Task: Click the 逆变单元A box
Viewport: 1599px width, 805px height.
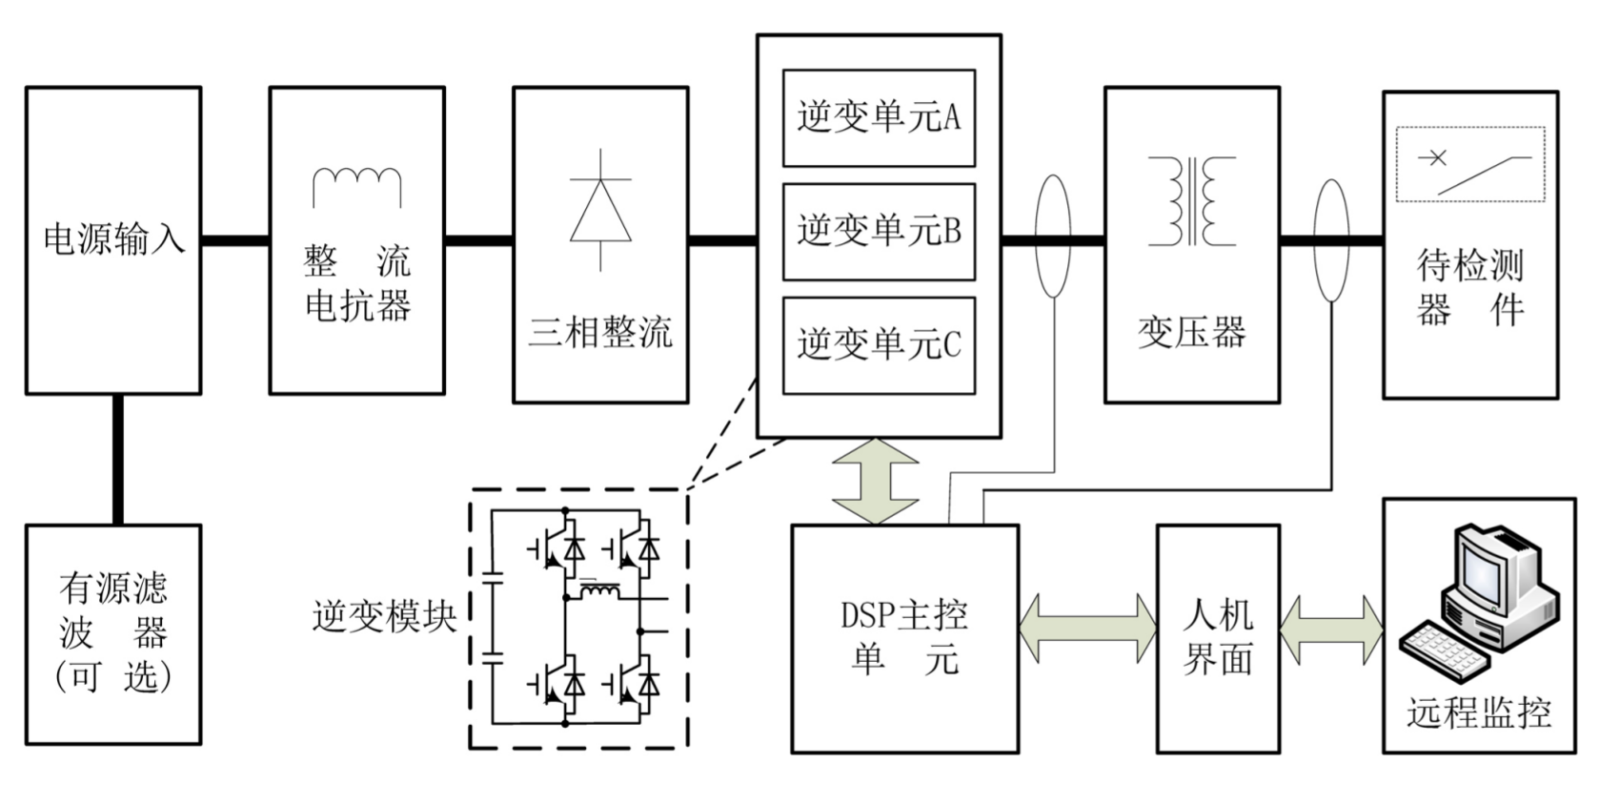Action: tap(879, 117)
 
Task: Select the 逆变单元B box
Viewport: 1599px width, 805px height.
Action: tap(879, 231)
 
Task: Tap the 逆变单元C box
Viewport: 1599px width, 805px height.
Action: tap(879, 344)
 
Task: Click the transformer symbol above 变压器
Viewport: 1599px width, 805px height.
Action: tap(1191, 201)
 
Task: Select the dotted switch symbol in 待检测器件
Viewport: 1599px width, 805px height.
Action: tap(1469, 164)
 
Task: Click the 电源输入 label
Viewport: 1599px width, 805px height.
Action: tap(113, 238)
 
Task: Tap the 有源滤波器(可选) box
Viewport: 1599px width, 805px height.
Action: tap(113, 633)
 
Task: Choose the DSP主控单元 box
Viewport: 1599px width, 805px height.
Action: tap(904, 637)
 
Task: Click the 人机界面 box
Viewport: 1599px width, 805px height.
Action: tap(1218, 637)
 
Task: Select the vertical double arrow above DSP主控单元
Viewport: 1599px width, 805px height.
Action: tap(875, 481)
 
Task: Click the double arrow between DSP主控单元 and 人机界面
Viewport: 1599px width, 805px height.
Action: tap(1087, 629)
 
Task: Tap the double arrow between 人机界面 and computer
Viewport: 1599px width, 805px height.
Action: tap(1330, 629)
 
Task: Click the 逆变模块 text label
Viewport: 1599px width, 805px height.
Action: tap(384, 616)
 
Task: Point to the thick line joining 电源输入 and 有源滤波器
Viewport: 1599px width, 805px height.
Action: tap(118, 459)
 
